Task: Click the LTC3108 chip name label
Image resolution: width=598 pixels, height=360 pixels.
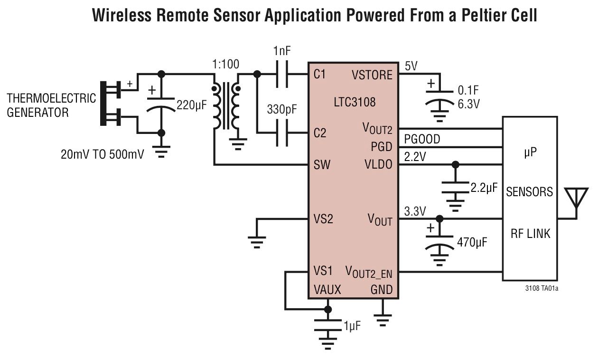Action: pyautogui.click(x=355, y=102)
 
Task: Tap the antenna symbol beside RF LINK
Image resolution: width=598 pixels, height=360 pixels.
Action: pyautogui.click(x=576, y=199)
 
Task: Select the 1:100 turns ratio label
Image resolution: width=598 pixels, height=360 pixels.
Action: pyautogui.click(x=225, y=65)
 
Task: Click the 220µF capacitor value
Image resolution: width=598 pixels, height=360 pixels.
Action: pyautogui.click(x=192, y=105)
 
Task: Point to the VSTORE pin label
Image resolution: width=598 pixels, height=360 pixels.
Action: pyautogui.click(x=372, y=75)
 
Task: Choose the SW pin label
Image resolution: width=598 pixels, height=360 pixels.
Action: pyautogui.click(x=322, y=165)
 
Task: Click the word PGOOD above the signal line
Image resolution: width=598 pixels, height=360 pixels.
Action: pyautogui.click(x=422, y=139)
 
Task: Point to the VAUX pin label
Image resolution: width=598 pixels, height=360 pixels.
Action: pyautogui.click(x=327, y=290)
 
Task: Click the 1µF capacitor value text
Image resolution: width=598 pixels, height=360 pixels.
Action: pyautogui.click(x=352, y=326)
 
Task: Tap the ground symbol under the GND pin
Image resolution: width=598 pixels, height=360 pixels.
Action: pyautogui.click(x=383, y=320)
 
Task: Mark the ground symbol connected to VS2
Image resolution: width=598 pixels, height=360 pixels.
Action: pyautogui.click(x=257, y=242)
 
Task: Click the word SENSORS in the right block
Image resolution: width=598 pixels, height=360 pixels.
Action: pyautogui.click(x=529, y=192)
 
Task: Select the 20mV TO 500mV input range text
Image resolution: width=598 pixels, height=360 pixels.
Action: pyautogui.click(x=103, y=154)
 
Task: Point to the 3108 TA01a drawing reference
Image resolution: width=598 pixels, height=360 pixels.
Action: pyautogui.click(x=542, y=288)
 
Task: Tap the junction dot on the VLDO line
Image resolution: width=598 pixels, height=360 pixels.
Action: pyautogui.click(x=456, y=164)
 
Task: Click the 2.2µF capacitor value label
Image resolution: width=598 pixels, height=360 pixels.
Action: pyautogui.click(x=484, y=188)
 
